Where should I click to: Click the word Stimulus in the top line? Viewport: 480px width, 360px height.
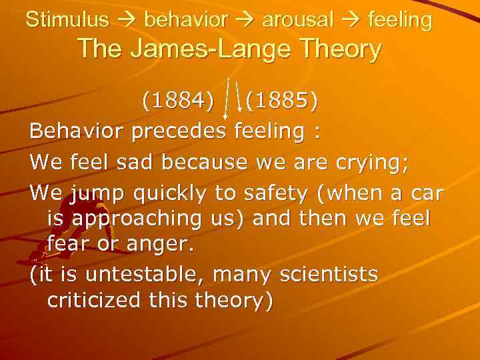[x=67, y=20]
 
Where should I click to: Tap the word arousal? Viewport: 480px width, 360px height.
[x=298, y=20]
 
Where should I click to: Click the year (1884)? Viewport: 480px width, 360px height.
[x=178, y=101]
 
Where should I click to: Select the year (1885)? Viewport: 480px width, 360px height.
[x=281, y=101]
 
